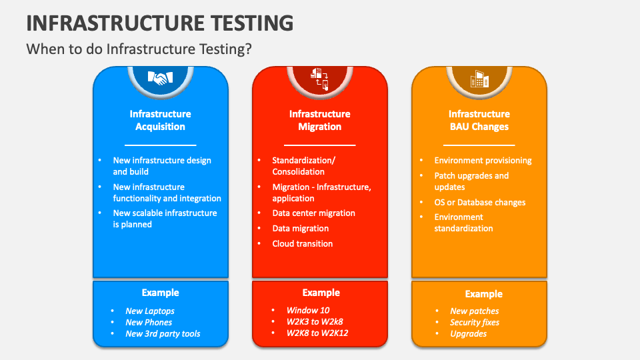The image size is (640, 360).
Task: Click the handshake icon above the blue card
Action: tap(160, 78)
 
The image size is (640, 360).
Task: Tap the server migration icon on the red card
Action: tap(320, 78)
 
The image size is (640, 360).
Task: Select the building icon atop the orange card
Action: tap(479, 78)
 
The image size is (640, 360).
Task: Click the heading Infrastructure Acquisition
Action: tap(160, 120)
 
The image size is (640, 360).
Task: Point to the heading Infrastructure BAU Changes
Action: tap(479, 120)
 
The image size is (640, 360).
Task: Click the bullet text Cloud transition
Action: tap(302, 243)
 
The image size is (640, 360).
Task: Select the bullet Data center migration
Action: tap(313, 213)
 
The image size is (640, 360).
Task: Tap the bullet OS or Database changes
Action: tap(479, 202)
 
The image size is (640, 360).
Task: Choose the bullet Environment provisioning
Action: tap(483, 161)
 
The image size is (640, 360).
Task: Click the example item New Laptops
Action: tap(150, 311)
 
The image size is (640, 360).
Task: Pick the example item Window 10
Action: tap(308, 310)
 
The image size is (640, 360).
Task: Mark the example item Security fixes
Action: tap(475, 322)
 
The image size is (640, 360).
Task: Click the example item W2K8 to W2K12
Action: tap(317, 333)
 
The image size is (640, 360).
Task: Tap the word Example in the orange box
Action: tap(483, 294)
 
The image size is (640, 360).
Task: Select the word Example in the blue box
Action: tap(160, 293)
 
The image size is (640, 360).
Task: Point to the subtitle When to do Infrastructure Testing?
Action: tap(139, 49)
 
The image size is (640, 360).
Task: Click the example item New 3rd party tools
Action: tap(163, 333)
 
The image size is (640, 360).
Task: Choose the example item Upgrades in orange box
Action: tap(468, 333)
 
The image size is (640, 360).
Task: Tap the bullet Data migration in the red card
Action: tap(300, 228)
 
